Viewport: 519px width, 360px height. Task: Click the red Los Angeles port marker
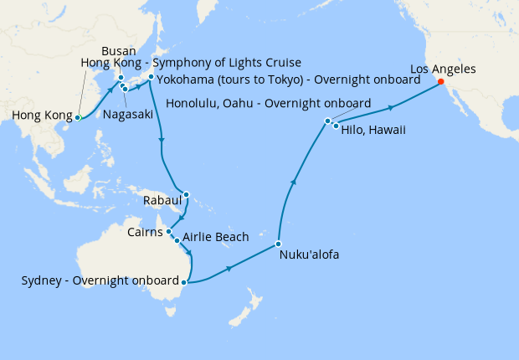440,82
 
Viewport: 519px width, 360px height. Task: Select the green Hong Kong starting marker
77,118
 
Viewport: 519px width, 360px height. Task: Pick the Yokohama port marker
151,78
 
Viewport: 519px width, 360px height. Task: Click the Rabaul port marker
186,196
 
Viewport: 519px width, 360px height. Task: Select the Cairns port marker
169,231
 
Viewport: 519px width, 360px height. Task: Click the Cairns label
146,231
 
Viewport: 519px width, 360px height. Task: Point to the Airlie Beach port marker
176,240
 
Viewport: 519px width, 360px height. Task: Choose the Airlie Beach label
215,238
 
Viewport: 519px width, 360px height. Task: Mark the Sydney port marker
183,282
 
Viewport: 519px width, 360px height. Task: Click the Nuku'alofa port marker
278,244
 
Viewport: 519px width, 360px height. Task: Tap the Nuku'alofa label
308,255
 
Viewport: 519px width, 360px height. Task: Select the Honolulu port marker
328,122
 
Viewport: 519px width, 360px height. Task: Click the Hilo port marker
336,126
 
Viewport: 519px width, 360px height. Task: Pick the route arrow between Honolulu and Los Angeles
390,107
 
